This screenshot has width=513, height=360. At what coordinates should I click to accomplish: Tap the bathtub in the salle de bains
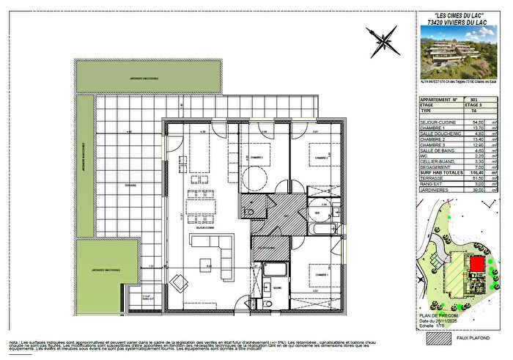[x=321, y=229]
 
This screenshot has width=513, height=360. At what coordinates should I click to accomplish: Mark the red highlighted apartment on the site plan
[x=477, y=263]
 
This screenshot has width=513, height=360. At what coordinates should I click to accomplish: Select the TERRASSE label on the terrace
[x=130, y=185]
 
